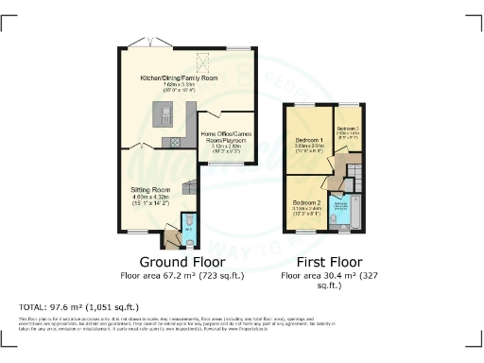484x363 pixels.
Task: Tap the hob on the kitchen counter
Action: (176, 143)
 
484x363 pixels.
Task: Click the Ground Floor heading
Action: (181, 262)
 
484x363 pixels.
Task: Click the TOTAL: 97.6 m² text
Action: (79, 307)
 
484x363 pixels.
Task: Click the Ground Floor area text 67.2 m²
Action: (181, 275)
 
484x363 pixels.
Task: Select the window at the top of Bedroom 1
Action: (306, 106)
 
